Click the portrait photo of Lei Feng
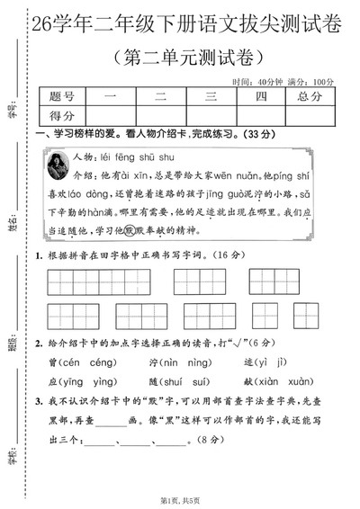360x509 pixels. tap(61, 169)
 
